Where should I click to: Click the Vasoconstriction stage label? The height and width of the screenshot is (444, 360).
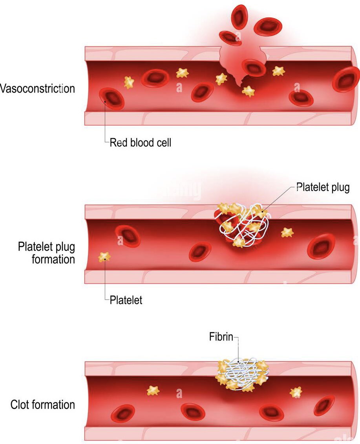click(37, 88)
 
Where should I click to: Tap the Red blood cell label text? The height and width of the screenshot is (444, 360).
click(140, 142)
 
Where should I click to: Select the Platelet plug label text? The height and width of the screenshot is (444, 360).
click(323, 187)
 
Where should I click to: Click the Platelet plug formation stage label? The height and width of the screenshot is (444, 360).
click(46, 253)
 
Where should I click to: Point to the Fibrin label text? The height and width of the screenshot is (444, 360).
click(221, 337)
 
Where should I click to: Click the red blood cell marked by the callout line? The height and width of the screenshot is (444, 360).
click(112, 98)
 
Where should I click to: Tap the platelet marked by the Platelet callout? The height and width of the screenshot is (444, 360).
click(104, 257)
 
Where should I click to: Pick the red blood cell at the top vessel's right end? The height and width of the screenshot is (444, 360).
click(345, 79)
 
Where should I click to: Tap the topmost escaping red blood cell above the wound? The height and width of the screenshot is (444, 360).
click(239, 16)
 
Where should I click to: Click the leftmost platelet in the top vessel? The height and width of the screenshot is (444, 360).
click(129, 82)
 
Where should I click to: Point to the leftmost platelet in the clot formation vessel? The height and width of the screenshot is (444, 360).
click(153, 391)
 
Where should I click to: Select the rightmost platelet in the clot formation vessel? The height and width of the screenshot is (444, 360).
click(296, 392)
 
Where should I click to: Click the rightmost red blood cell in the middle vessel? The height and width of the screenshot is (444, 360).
click(321, 246)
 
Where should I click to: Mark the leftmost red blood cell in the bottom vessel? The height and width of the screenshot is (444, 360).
click(123, 413)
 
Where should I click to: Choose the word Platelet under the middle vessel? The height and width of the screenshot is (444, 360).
click(126, 301)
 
